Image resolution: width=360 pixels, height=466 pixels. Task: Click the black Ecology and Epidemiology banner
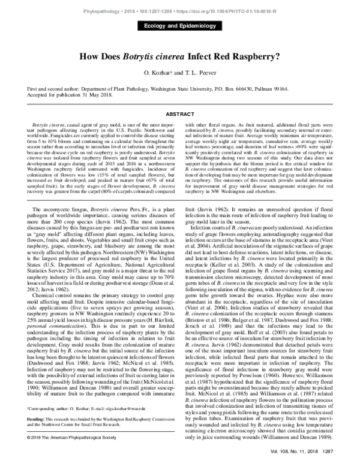tap(179, 26)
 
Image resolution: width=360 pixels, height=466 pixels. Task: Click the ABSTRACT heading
tap(179, 113)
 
